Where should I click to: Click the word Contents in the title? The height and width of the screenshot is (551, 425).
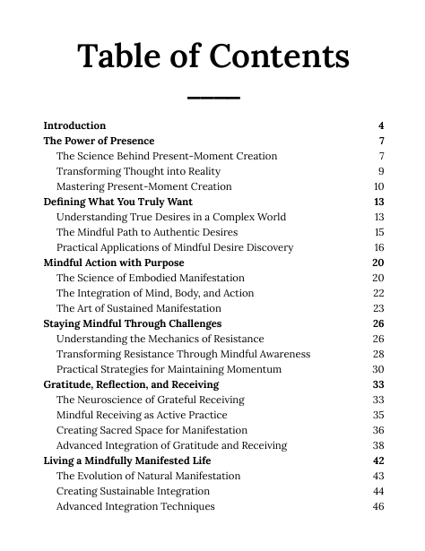click(279, 56)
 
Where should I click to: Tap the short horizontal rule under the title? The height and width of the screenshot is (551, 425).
click(213, 97)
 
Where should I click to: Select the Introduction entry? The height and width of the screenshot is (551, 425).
click(74, 125)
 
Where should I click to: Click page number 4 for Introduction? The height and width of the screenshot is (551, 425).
click(381, 125)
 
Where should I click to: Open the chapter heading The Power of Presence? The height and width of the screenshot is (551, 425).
click(99, 141)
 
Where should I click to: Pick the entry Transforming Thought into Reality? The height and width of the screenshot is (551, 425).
click(138, 171)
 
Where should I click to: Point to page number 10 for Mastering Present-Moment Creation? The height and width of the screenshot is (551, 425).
click(378, 186)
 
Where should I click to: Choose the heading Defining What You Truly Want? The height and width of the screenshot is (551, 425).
click(117, 202)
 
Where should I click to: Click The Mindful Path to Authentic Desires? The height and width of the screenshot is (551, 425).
click(147, 232)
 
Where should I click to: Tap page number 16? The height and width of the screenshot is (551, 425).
click(378, 247)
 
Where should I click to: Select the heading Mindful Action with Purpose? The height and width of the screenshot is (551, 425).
click(114, 263)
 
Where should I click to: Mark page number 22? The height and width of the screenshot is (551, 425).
click(378, 293)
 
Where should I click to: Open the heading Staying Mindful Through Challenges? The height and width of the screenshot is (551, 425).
click(133, 323)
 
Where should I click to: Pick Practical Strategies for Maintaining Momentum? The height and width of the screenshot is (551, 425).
click(169, 369)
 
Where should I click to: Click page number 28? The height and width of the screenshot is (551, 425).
click(378, 354)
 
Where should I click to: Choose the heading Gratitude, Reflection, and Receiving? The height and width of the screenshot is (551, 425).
click(131, 384)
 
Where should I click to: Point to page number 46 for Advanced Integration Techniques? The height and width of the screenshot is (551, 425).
click(378, 506)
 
